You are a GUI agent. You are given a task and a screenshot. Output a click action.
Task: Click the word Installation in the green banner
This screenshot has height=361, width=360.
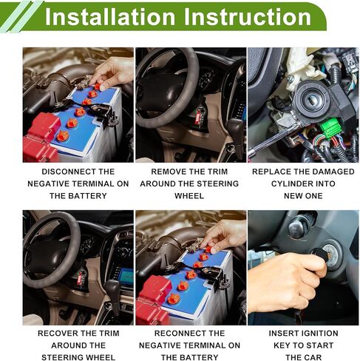click(x=110, y=17)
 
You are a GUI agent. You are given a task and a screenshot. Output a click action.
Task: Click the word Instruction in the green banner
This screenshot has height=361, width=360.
click(x=247, y=17)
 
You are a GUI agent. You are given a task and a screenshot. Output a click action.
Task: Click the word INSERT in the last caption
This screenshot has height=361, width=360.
click(x=282, y=334)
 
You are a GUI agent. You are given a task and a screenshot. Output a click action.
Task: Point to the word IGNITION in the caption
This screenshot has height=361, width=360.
click(x=319, y=334)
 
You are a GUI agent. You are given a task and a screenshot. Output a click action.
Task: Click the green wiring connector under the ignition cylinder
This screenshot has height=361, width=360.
click(x=330, y=129)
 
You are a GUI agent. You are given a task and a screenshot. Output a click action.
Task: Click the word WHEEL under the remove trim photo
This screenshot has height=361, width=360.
click(x=189, y=196)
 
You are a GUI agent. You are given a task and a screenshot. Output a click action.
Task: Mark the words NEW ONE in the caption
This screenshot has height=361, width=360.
click(x=303, y=196)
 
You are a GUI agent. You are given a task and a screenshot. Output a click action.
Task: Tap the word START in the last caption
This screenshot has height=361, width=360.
click(x=320, y=345)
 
